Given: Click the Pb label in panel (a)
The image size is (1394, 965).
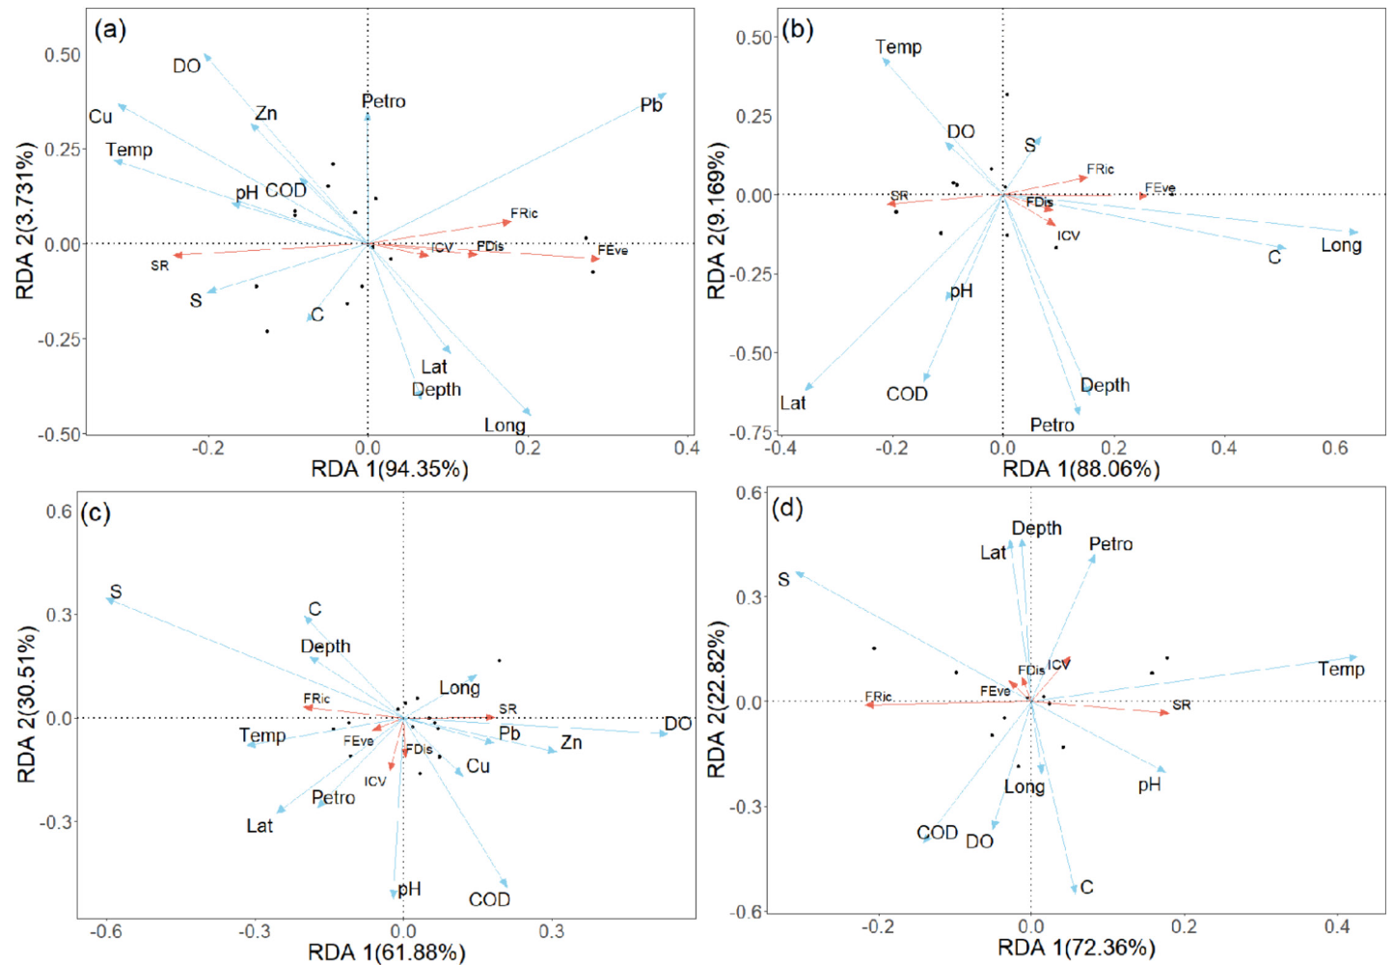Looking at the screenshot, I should [651, 105].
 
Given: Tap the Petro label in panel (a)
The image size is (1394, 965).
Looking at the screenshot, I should [383, 101].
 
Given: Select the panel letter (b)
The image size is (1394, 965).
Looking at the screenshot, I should [798, 29].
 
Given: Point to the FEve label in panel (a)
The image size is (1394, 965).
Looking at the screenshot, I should [613, 250].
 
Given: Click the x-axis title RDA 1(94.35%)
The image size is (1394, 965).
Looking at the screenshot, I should [389, 469].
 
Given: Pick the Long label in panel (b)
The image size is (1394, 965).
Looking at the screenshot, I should [1341, 245].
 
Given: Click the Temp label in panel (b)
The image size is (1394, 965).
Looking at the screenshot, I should [898, 47].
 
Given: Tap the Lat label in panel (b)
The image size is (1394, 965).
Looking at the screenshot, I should [793, 403].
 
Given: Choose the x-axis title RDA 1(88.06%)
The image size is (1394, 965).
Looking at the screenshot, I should [1080, 469].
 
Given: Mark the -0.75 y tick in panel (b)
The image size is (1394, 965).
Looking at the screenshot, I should [753, 432].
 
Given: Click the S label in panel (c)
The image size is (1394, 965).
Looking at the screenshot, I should [116, 592].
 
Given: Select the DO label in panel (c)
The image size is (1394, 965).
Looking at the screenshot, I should [677, 724].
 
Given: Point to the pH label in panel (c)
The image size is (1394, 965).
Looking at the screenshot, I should [410, 889].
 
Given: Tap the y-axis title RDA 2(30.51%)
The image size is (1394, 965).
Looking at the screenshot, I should [27, 703].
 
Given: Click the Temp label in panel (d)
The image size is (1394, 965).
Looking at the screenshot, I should [1341, 669].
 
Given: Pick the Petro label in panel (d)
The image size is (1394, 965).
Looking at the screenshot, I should [1110, 544].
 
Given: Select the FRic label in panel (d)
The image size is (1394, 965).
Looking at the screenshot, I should [878, 697].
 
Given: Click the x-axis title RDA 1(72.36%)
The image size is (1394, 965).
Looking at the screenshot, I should [1076, 948].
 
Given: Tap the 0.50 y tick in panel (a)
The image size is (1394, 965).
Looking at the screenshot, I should [63, 55].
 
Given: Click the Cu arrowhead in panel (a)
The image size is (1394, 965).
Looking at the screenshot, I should [121, 106].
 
